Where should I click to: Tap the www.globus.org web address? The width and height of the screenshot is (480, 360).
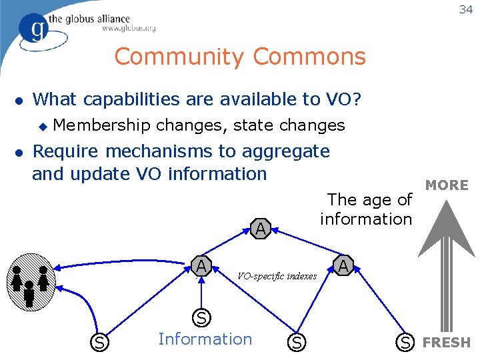129,28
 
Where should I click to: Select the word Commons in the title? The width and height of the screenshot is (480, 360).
309,57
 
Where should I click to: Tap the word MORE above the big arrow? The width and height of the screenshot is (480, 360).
447,185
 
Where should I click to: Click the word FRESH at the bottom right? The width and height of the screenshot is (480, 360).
447,343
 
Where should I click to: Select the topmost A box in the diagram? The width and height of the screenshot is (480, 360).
261,229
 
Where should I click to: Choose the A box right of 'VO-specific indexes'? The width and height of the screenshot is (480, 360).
343,266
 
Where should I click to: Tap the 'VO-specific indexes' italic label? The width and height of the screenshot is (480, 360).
277,276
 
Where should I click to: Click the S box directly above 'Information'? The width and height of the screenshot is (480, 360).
201,317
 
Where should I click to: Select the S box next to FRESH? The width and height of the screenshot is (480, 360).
405,343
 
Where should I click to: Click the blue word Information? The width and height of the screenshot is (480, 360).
205,339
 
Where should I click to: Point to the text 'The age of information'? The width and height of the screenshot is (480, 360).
367,209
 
